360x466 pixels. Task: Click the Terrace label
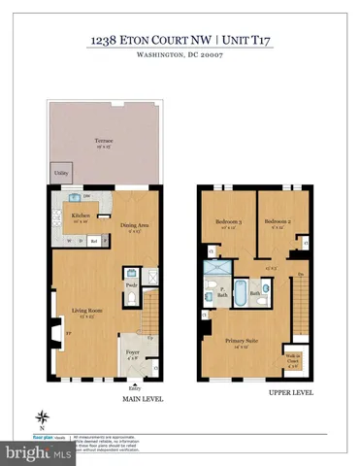(104, 142)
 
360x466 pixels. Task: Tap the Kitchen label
(82, 216)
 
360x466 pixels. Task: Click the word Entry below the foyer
(132, 384)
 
